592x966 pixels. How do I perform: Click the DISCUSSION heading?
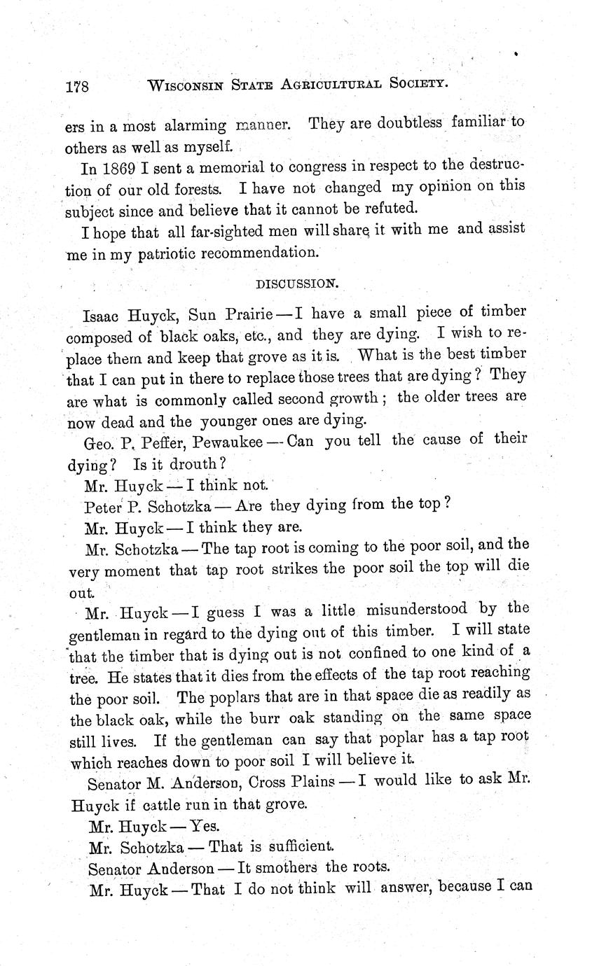click(x=296, y=284)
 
